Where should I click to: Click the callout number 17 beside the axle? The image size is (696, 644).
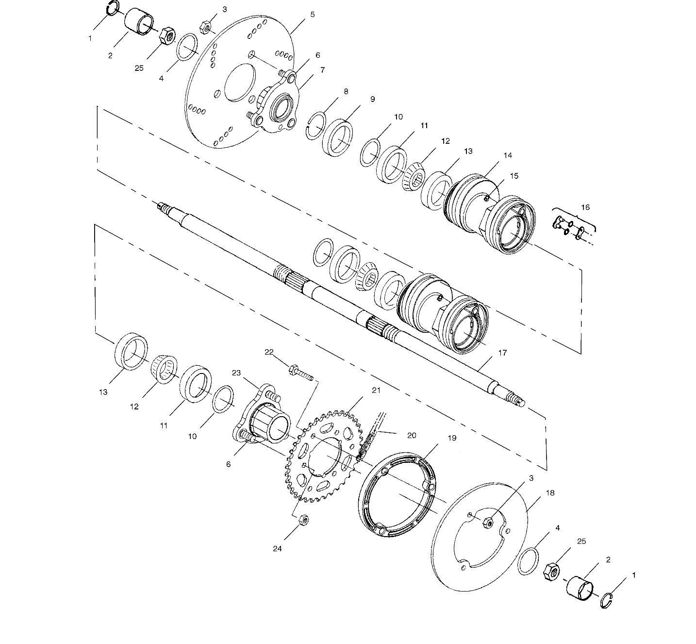pyautogui.click(x=502, y=353)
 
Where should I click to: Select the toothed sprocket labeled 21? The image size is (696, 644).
pyautogui.click(x=322, y=456)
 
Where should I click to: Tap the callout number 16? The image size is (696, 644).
pyautogui.click(x=585, y=207)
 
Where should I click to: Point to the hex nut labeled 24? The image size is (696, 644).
pyautogui.click(x=304, y=520)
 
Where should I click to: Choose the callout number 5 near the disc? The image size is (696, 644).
pyautogui.click(x=312, y=15)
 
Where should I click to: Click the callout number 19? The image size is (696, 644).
pyautogui.click(x=452, y=438)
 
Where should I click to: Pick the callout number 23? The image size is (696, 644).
pyautogui.click(x=236, y=373)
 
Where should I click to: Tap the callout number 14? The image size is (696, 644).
pyautogui.click(x=508, y=155)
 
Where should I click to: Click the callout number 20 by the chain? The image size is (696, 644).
pyautogui.click(x=412, y=435)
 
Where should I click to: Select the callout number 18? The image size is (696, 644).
pyautogui.click(x=550, y=493)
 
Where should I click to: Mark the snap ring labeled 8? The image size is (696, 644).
pyautogui.click(x=316, y=126)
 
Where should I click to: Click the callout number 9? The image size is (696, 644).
pyautogui.click(x=373, y=99)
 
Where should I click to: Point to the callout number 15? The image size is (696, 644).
pyautogui.click(x=514, y=176)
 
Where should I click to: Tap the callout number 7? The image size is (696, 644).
pyautogui.click(x=322, y=70)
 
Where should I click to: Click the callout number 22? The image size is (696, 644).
pyautogui.click(x=269, y=352)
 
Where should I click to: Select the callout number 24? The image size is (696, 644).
pyautogui.click(x=277, y=549)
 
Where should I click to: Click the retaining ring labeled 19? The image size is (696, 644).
pyautogui.click(x=398, y=495)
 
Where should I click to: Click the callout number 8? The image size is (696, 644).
pyautogui.click(x=346, y=91)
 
